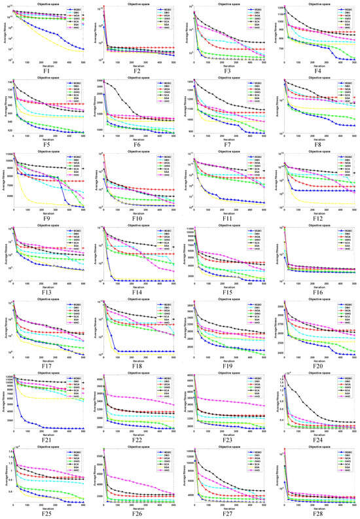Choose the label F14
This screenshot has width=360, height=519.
[137, 291]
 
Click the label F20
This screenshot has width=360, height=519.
[317, 365]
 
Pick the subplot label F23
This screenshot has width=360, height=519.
[227, 439]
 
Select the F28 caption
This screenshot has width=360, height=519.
[317, 513]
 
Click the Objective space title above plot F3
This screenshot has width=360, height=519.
[228, 3]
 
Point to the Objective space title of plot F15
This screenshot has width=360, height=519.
[228, 225]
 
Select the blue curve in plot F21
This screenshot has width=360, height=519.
[39, 425]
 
